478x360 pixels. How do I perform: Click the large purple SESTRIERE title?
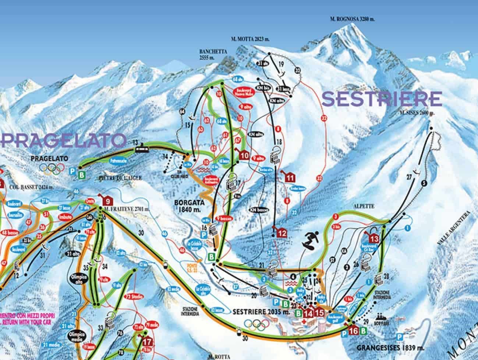pos(382,99)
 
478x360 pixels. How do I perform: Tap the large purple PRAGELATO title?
pos(63,140)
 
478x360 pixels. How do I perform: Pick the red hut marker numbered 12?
pos(282,233)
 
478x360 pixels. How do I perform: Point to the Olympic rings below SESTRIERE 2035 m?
pos(257,324)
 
